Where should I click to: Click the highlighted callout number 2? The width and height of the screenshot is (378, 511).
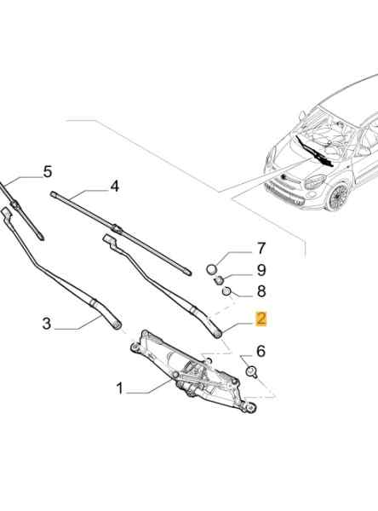pos(261,319)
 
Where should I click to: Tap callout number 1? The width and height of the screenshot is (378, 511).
pos(120,388)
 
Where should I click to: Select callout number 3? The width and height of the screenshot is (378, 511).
pos(47,324)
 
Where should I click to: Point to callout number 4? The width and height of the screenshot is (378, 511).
pos(114,187)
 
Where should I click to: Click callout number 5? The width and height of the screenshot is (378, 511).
pos(48,172)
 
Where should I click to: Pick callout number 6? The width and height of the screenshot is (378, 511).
pos(261,351)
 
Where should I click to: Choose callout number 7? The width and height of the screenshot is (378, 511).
pos(261,249)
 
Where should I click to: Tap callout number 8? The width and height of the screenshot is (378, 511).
pos(261,291)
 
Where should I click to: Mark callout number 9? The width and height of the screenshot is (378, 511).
pos(261,270)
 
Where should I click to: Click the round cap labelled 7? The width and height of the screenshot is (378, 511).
pos(212,269)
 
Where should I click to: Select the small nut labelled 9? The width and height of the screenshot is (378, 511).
pos(218,279)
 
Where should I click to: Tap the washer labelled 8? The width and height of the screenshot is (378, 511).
pos(226,290)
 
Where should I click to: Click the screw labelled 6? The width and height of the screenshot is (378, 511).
pos(251,372)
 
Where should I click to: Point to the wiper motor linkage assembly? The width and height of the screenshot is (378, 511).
pos(192,371)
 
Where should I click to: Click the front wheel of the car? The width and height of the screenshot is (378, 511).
pos(337,197)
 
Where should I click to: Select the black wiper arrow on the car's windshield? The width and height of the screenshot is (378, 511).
pos(314,152)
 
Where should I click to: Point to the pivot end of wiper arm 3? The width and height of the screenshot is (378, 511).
pos(117,324)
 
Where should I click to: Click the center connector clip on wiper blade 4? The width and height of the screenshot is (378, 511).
pos(117,228)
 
